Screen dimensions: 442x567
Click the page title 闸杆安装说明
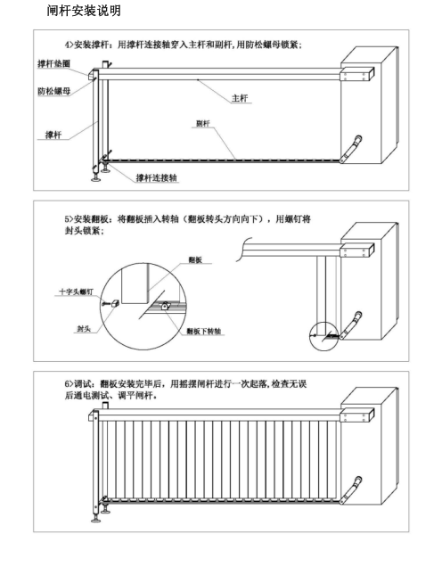(84, 11)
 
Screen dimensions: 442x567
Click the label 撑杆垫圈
(53, 63)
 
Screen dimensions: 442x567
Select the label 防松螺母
(53, 91)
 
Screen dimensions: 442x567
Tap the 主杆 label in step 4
(240, 98)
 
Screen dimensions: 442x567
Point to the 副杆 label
(203, 124)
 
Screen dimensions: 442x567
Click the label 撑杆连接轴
(157, 177)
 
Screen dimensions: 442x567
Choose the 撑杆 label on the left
(53, 135)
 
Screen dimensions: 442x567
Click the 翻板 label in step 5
(195, 259)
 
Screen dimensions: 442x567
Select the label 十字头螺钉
(76, 292)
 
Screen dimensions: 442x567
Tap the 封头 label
(84, 329)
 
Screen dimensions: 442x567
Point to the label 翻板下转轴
(203, 331)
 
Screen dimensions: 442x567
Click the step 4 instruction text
(184, 45)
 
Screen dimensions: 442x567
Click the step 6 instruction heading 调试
(82, 384)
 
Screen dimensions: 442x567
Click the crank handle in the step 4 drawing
(350, 149)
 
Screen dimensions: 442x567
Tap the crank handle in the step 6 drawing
(350, 490)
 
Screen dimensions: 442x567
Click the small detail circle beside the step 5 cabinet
(324, 336)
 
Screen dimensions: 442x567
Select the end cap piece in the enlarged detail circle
(115, 303)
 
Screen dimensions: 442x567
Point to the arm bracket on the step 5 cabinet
(357, 250)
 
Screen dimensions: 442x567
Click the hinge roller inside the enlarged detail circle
(165, 306)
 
